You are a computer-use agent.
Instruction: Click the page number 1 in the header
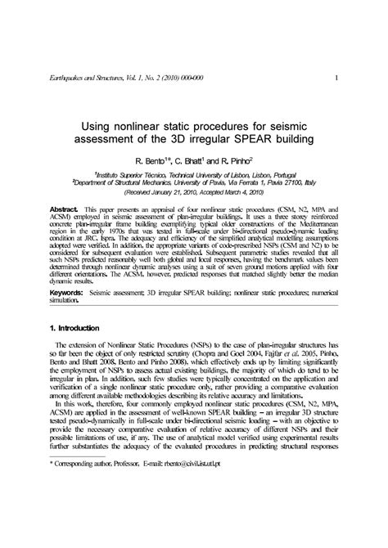pos(336,78)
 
